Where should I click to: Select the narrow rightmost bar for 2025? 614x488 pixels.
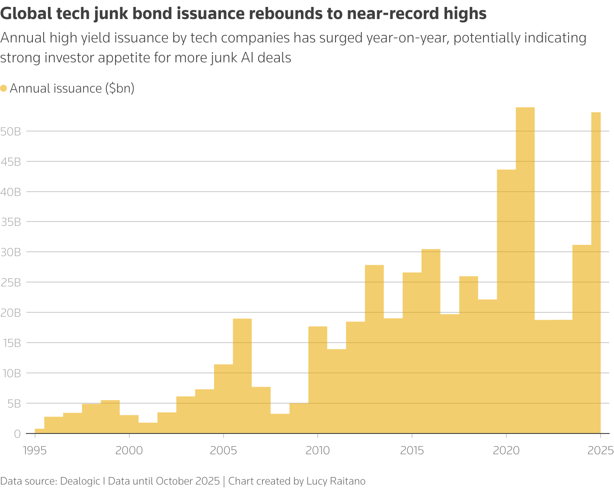[x=596, y=273]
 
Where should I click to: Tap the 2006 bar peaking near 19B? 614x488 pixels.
[x=242, y=376]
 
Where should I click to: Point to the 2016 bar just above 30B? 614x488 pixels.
[x=431, y=341]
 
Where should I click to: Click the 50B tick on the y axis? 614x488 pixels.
[x=11, y=132]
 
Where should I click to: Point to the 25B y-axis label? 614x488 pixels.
[x=11, y=283]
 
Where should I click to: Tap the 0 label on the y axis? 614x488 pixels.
[x=17, y=433]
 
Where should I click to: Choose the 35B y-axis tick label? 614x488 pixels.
[x=11, y=222]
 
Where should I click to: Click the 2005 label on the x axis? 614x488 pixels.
[x=224, y=450]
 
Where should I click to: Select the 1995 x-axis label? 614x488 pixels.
[x=35, y=450]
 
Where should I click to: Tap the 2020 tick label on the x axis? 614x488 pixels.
[x=506, y=450]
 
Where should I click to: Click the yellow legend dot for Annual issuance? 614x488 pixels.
[x=4, y=89]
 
